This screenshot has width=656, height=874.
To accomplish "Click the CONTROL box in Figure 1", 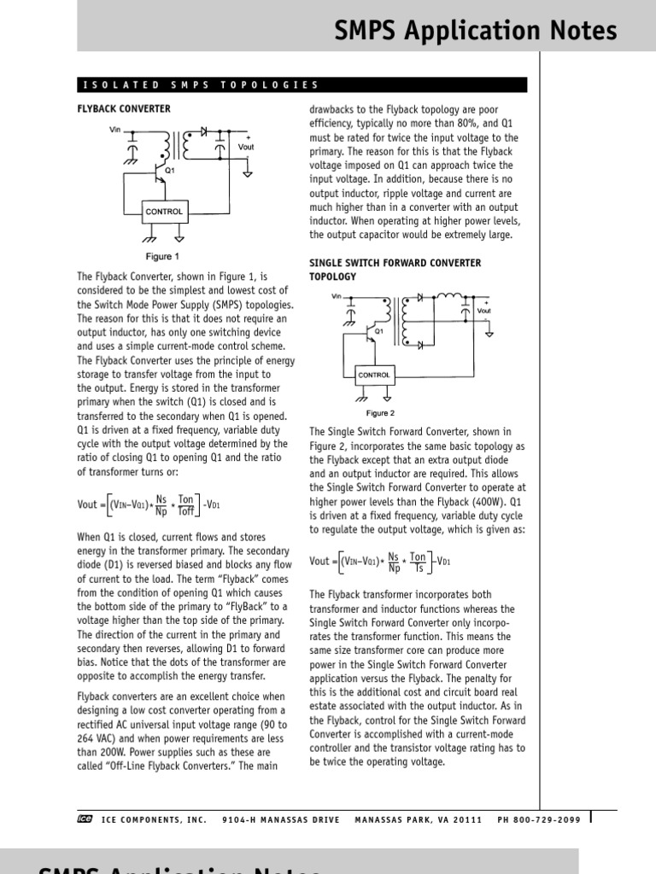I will point(164,212).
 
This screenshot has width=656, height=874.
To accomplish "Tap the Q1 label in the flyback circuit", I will point(170,170).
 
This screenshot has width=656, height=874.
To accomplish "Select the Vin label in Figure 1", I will point(116,129).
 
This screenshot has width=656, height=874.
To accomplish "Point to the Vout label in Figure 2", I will point(484,311).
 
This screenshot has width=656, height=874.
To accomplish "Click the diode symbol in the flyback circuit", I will point(204,133).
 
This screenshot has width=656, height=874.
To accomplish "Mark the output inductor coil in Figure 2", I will point(448,297).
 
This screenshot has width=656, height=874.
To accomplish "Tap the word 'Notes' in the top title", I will point(575,32).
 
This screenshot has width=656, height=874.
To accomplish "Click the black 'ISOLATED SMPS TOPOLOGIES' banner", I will point(302,85).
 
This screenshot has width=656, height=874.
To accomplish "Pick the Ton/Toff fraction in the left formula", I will point(185,504).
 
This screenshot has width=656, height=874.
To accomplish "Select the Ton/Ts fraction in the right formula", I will point(418,562).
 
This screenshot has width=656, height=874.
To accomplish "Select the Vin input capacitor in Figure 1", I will point(131,149).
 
